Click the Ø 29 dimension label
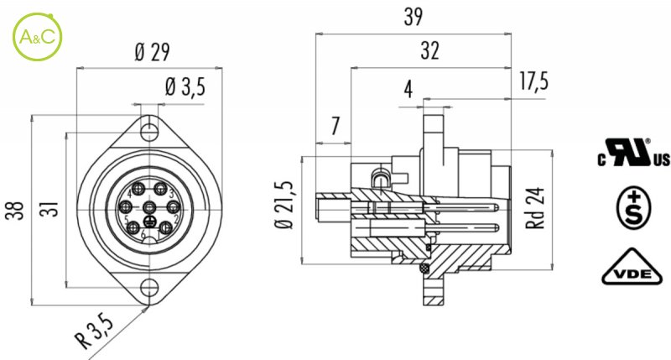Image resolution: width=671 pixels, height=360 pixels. coord(151,52)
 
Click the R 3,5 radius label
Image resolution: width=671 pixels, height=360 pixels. coord(92,329)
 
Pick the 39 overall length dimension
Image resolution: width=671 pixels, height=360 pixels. coord(413,17)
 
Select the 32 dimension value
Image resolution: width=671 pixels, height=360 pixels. coord(430,52)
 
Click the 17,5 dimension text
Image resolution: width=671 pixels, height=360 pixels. coord(533,81)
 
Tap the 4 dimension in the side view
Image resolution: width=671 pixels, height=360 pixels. coord(408,89)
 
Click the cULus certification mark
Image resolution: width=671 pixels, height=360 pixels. coord(633,156)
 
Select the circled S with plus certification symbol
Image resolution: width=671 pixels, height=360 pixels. coord(633,206)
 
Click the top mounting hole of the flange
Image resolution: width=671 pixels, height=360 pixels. coord(149,131)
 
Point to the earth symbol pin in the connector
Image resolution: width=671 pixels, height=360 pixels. coord(149,222)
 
